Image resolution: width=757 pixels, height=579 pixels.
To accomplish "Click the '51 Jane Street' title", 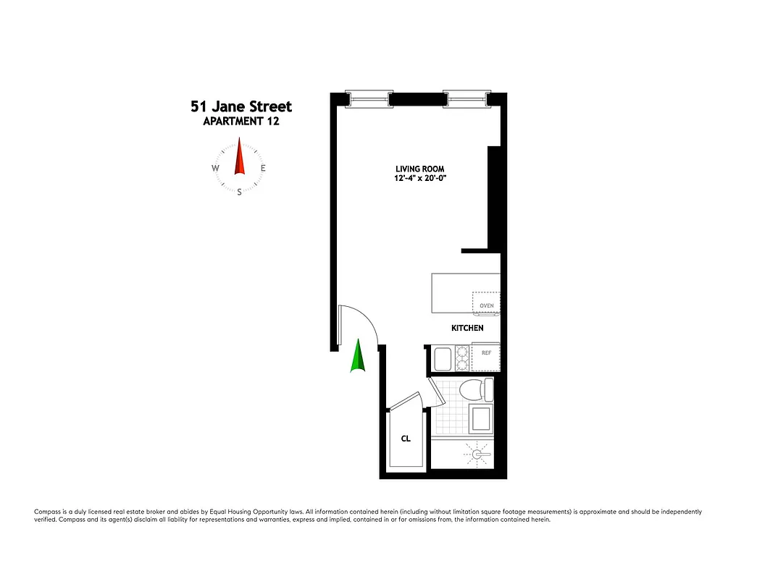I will [x=241, y=106].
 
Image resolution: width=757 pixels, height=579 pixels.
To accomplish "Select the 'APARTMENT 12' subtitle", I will [x=241, y=122].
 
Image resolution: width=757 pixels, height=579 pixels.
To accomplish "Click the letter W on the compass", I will [x=215, y=169].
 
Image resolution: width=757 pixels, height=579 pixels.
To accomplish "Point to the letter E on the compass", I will [x=263, y=169].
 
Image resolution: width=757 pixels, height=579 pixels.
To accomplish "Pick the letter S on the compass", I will [x=239, y=192].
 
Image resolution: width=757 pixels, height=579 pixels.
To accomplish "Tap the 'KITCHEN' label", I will [x=467, y=328].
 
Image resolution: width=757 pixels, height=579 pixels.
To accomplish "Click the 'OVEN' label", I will [x=487, y=305].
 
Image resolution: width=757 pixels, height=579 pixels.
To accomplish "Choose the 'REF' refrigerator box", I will [x=486, y=354].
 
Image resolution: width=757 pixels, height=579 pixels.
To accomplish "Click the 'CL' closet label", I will [x=406, y=439].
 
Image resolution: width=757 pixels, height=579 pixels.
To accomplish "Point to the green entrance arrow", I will [x=357, y=356].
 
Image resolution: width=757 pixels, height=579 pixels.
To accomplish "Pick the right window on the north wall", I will [x=467, y=98].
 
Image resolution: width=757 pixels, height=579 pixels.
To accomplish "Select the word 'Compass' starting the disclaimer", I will [x=47, y=512].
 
